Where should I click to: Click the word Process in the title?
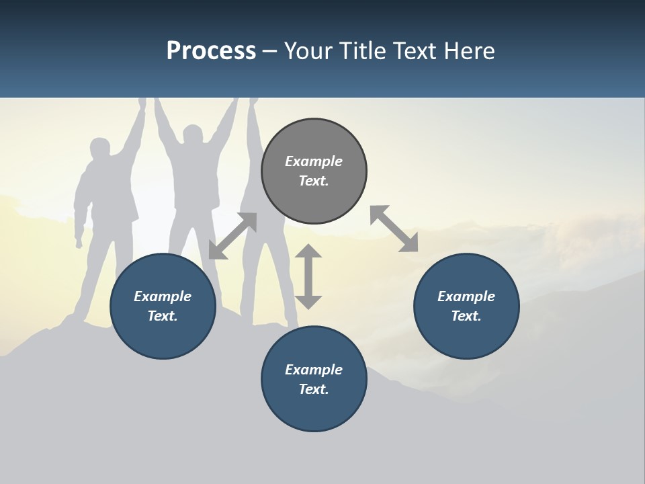click(x=211, y=51)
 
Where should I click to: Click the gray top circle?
click(x=314, y=171)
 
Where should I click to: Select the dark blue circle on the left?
click(x=163, y=306)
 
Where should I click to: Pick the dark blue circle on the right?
click(x=466, y=306)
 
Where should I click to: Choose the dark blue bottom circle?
click(x=314, y=378)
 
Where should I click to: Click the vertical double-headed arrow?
click(x=308, y=276)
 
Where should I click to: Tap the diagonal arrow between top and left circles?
click(x=232, y=236)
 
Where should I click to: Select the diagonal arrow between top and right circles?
click(x=394, y=229)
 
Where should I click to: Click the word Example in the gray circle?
click(x=314, y=161)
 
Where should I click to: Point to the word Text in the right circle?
click(x=466, y=316)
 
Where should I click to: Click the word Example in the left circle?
click(x=163, y=296)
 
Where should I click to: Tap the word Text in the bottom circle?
click(x=314, y=389)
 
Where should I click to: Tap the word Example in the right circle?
click(x=466, y=296)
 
